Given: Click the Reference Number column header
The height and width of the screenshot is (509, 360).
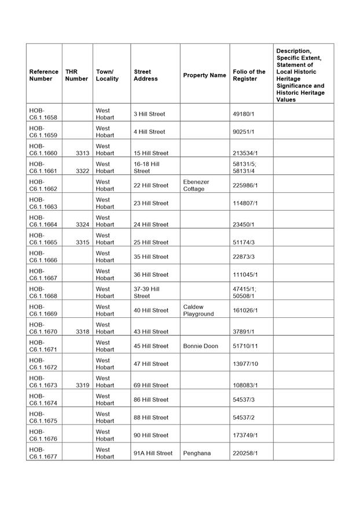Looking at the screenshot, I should click(43, 75).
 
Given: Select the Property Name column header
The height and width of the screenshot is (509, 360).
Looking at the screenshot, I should click(204, 75).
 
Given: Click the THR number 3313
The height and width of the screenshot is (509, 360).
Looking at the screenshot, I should click(82, 153).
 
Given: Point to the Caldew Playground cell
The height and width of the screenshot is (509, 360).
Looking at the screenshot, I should click(199, 310).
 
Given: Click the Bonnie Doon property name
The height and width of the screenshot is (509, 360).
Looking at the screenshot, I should click(200, 346).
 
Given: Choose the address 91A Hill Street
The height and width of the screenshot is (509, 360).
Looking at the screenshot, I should click(153, 453).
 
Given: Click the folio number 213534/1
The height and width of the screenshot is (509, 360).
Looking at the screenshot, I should click(245, 153).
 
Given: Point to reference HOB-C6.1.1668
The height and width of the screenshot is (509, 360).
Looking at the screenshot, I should click(43, 292).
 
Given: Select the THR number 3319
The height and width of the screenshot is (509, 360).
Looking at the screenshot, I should click(82, 385).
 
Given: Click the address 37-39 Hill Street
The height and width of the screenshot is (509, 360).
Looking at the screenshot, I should click(146, 292).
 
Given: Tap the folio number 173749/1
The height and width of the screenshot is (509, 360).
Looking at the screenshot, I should click(245, 435).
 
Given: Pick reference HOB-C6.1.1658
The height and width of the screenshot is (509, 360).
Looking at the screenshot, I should click(43, 114).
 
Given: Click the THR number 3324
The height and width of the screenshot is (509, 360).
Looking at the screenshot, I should click(82, 225).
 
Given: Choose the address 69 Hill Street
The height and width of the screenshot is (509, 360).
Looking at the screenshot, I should click(151, 385).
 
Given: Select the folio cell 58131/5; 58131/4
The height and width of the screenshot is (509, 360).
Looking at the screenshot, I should click(244, 167).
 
